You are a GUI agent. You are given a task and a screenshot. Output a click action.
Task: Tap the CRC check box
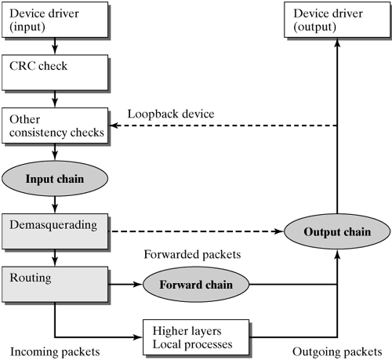(54, 72)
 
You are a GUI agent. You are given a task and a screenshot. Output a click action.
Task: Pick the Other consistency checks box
(54, 125)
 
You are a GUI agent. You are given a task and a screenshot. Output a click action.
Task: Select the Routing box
(54, 283)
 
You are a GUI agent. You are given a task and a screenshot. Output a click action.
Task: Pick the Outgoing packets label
(338, 348)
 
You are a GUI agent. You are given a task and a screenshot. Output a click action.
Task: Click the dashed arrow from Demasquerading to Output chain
(196, 231)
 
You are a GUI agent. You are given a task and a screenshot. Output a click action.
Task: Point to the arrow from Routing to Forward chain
(125, 284)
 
